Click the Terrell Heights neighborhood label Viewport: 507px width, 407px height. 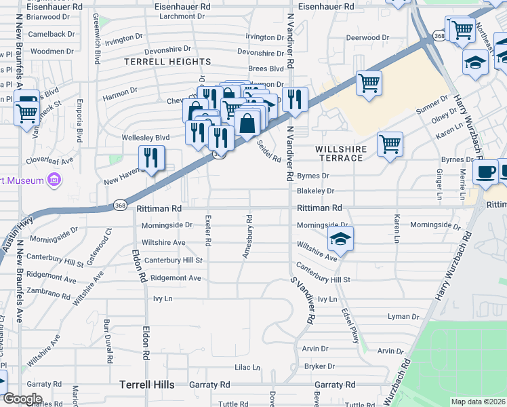167,62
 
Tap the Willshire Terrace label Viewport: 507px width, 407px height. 341,153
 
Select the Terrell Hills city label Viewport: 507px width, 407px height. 147,385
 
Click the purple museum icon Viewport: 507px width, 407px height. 55,180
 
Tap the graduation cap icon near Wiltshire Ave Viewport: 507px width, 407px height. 340,239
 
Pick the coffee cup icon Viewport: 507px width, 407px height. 485,171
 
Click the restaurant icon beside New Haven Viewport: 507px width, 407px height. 151,158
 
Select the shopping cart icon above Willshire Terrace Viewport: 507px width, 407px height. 390,144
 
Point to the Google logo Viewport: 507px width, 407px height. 22,399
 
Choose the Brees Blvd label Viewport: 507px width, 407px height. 266,69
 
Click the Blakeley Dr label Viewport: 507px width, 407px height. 316,191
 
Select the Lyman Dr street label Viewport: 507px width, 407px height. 403,317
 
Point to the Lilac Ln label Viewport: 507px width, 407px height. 247,368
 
